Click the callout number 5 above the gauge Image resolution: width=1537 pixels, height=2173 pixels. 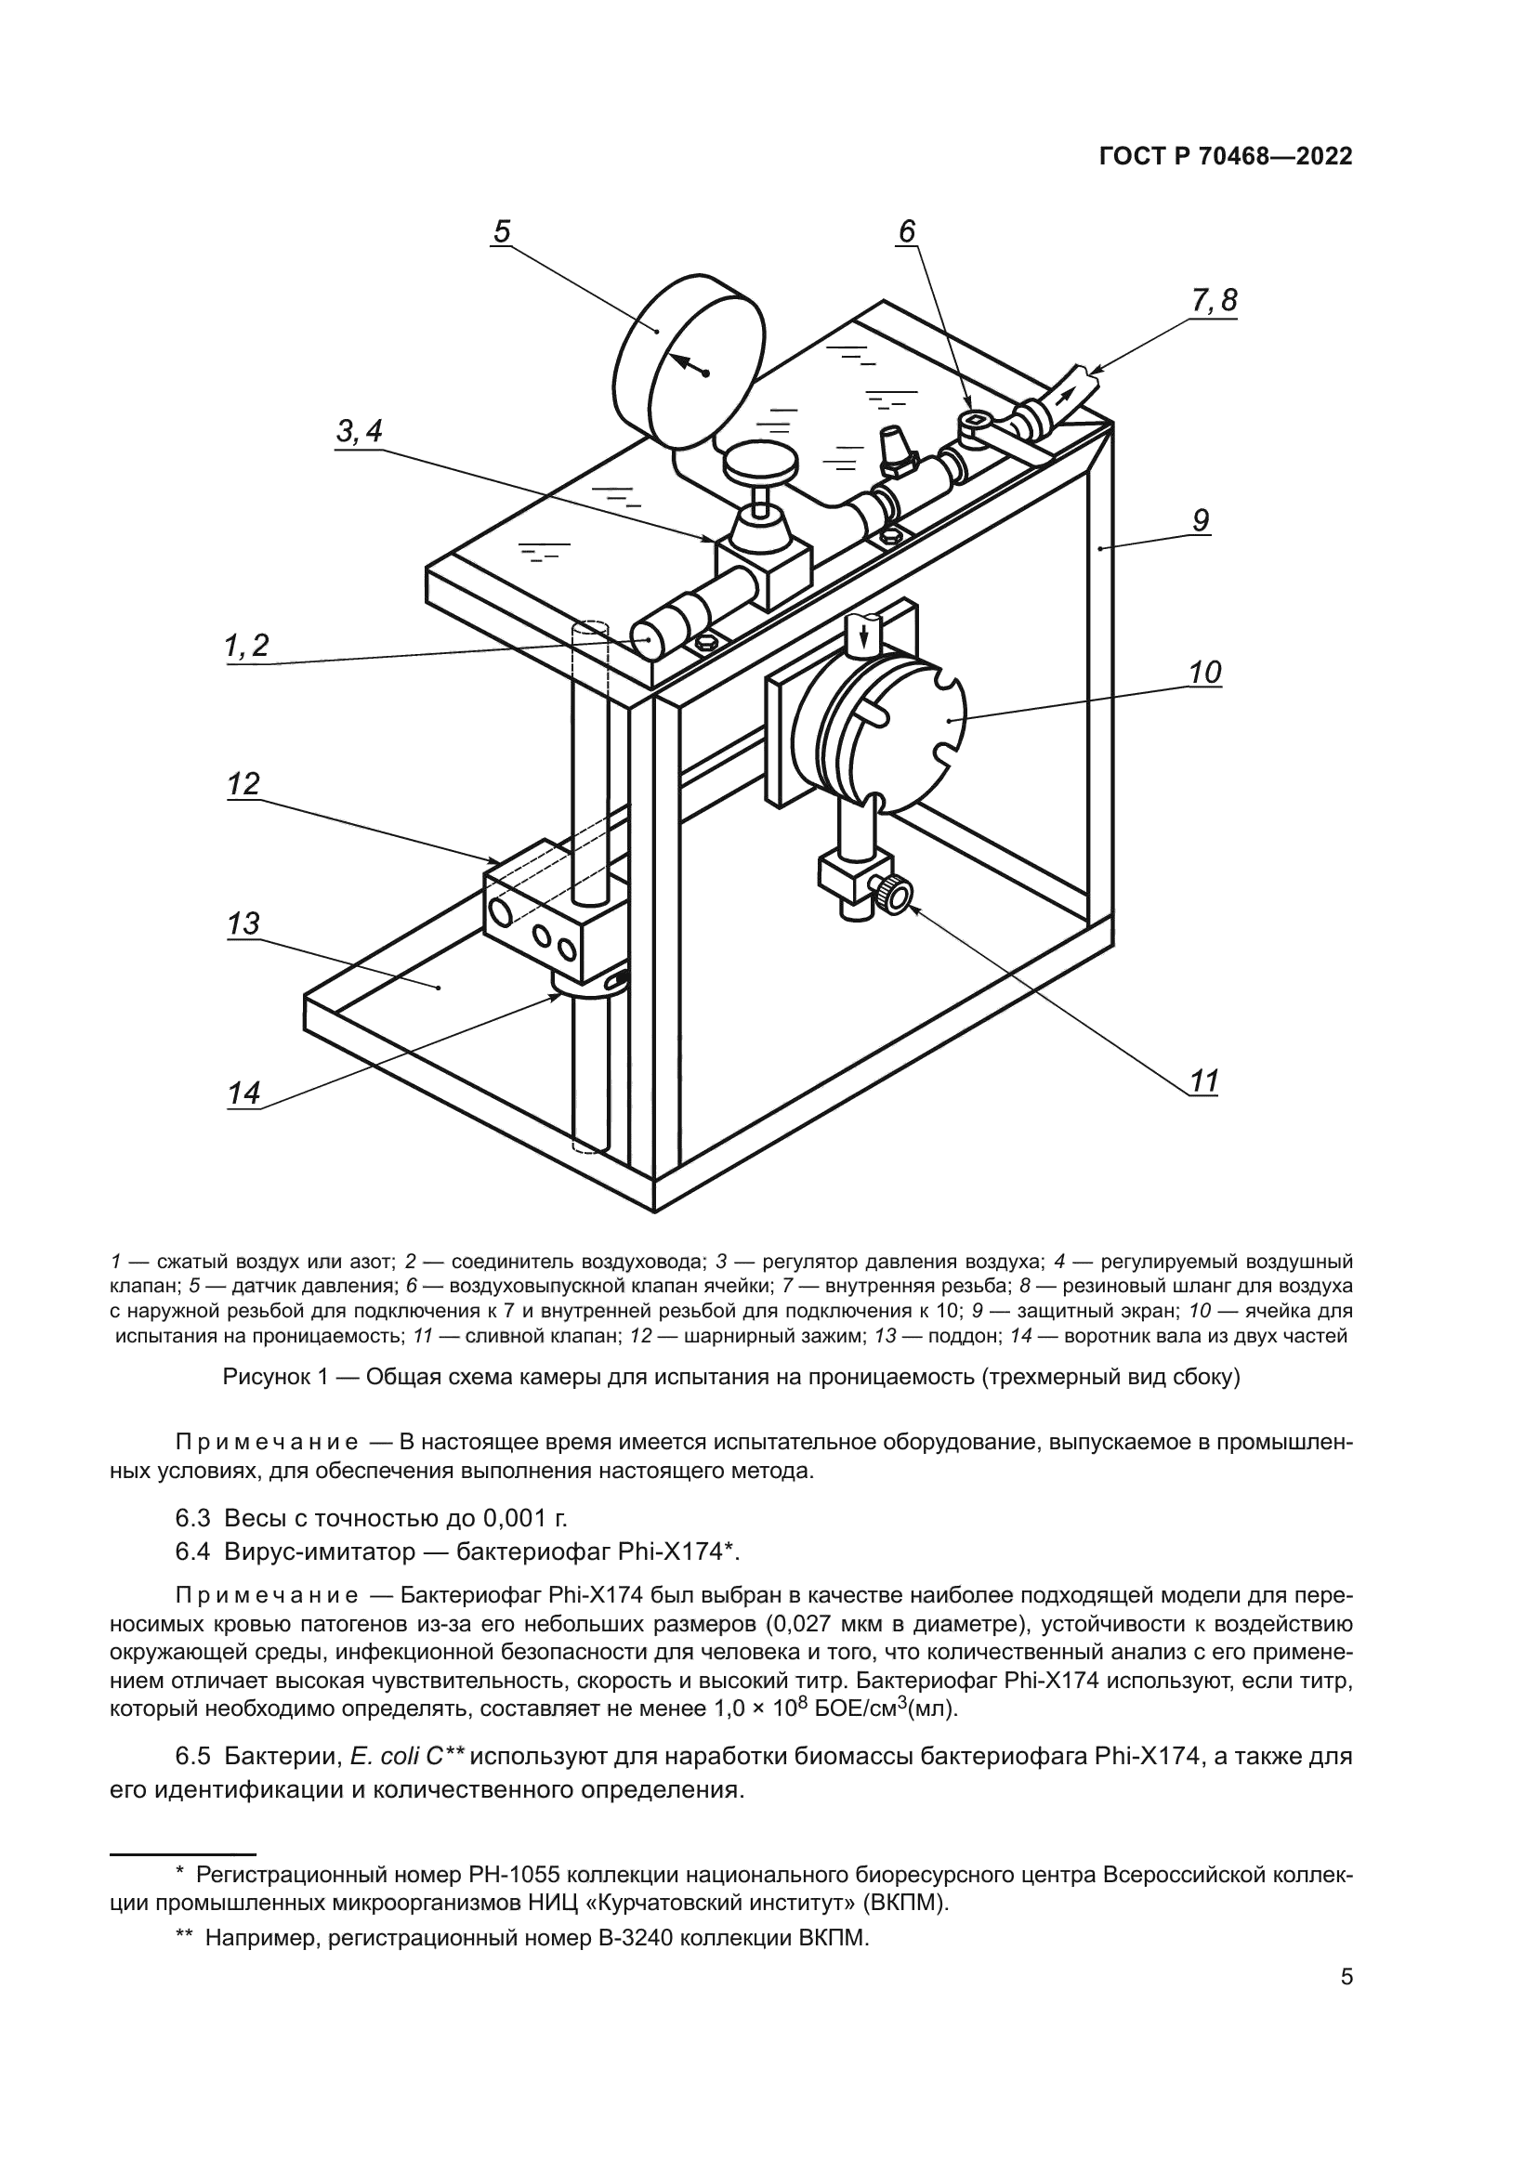point(502,231)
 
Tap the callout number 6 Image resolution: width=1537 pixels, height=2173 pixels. point(907,231)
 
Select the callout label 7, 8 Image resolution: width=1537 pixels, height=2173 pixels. point(1215,302)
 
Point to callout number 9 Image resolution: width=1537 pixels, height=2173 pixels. point(1200,520)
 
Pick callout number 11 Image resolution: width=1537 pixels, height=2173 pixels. point(1203,1080)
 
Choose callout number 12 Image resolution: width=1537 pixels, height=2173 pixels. point(243,785)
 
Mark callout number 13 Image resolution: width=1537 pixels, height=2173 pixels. point(243,923)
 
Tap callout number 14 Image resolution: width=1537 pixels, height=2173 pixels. point(243,1094)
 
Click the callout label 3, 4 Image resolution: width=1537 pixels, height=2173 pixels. point(360,432)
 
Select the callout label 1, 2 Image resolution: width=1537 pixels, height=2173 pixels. point(247,647)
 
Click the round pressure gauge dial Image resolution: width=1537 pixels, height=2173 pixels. point(688,360)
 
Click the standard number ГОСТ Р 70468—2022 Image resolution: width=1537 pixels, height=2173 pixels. point(1226,157)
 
